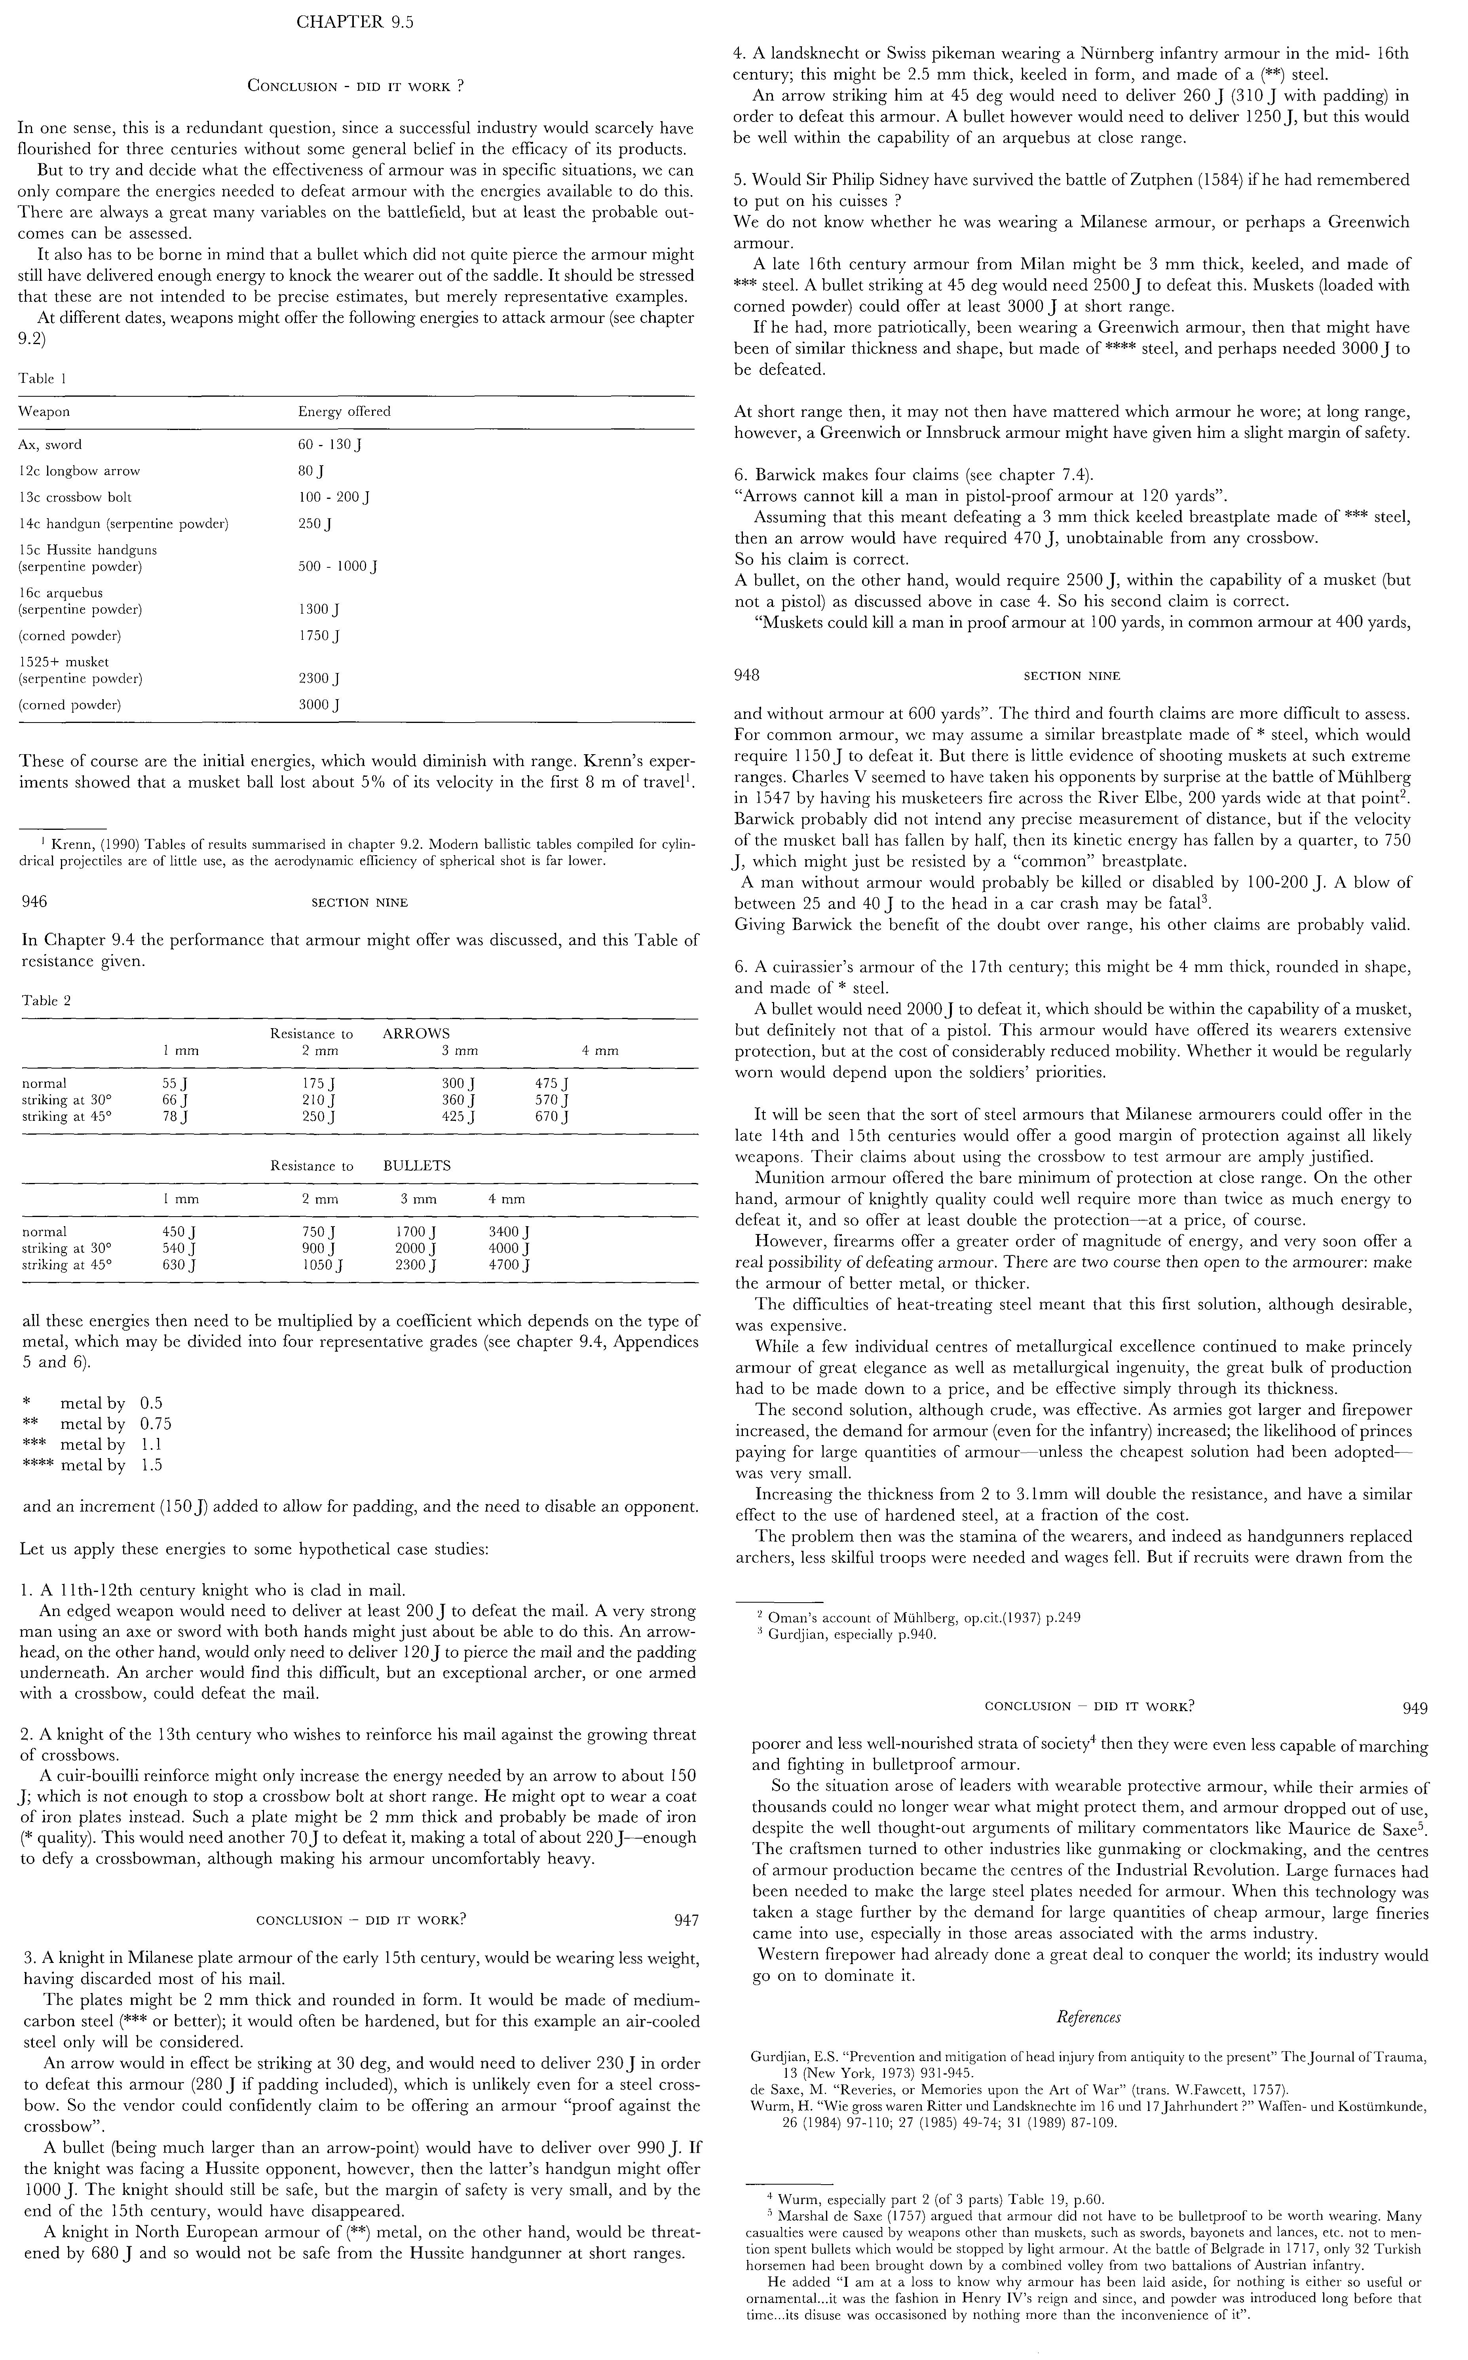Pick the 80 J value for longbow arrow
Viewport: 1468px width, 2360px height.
point(311,471)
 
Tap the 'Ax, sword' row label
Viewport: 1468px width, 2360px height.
point(51,445)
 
